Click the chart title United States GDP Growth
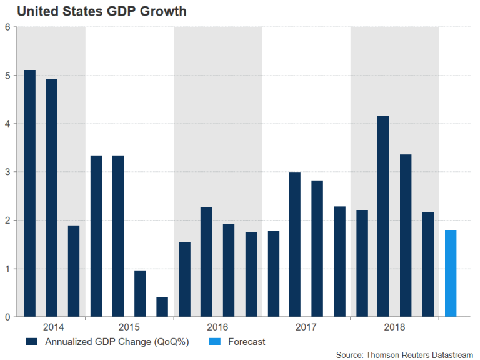tap(101, 11)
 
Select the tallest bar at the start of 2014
tap(29, 194)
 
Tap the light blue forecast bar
tap(451, 274)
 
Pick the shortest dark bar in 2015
tap(162, 307)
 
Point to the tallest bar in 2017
tap(295, 244)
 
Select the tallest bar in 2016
tap(206, 262)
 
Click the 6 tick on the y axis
tap(7, 27)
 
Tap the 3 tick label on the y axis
tap(7, 172)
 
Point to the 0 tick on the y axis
tap(7, 317)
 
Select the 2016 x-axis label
tap(217, 327)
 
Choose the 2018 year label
tap(394, 327)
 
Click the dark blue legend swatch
tap(31, 342)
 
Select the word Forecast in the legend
tap(247, 342)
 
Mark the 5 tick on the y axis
tap(7, 76)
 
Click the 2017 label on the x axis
tap(306, 327)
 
